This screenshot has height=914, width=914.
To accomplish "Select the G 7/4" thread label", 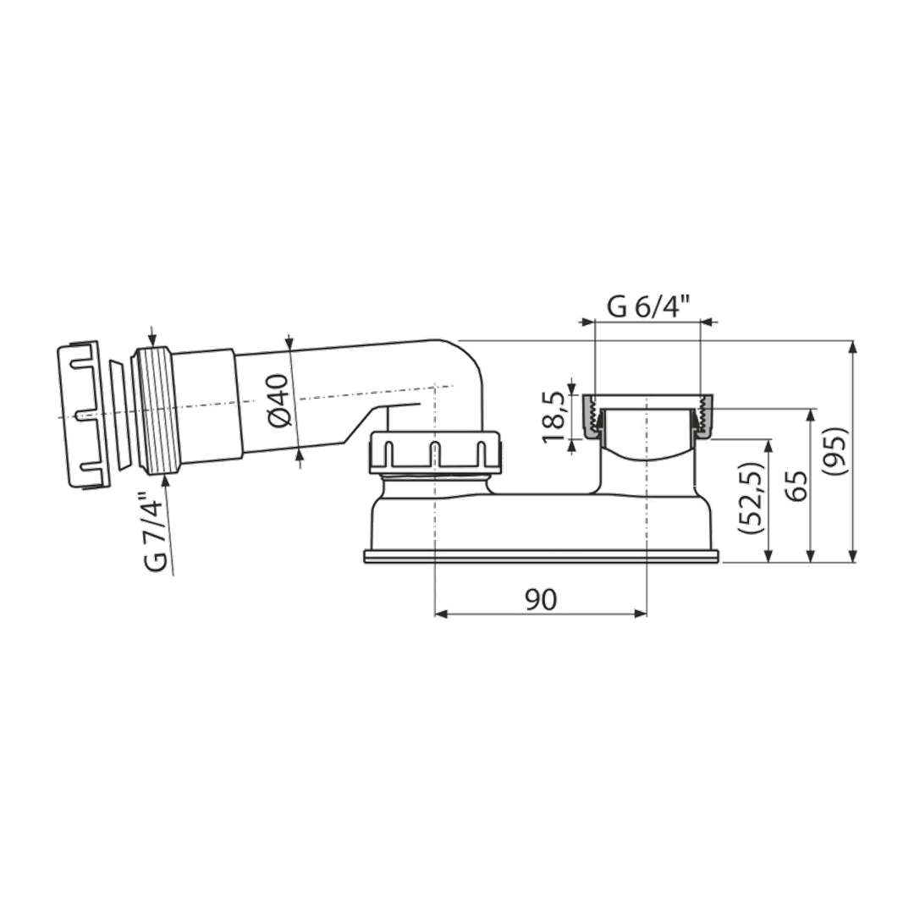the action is click(x=157, y=531).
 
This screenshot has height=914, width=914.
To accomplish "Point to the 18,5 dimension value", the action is click(x=555, y=417).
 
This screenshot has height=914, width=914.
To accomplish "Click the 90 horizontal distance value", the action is click(x=541, y=600).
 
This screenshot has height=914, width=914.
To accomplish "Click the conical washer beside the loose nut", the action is click(x=119, y=414).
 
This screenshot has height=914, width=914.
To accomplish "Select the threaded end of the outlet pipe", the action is click(x=155, y=411).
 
